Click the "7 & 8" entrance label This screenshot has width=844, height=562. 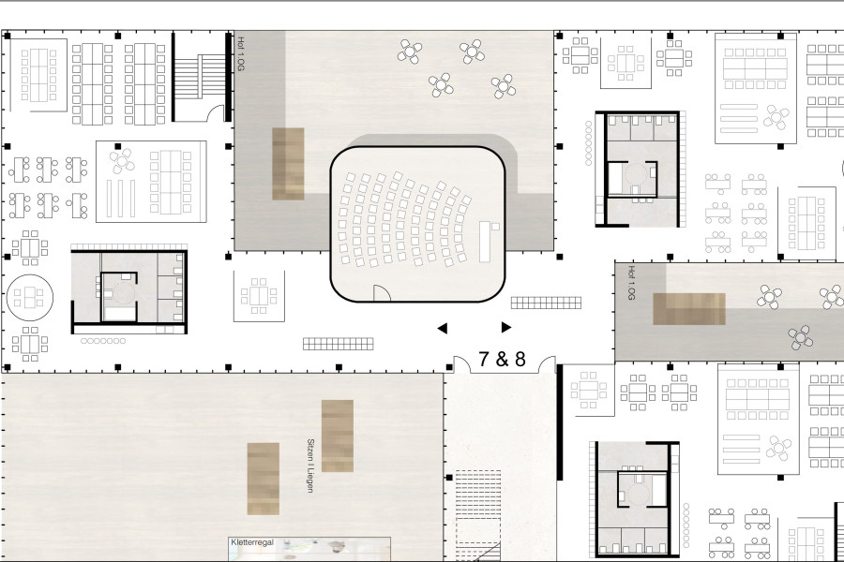(x=502, y=359)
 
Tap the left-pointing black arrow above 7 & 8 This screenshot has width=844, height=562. (x=443, y=328)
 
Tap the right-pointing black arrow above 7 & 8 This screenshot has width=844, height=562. (x=506, y=327)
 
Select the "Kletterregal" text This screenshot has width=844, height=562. (x=252, y=542)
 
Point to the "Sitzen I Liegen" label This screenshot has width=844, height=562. (x=310, y=466)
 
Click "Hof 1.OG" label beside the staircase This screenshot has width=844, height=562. (x=241, y=53)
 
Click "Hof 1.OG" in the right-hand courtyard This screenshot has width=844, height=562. (x=631, y=282)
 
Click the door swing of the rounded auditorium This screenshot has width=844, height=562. (x=383, y=292)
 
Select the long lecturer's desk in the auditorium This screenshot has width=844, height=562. (x=485, y=242)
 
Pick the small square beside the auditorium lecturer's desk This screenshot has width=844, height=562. (x=495, y=227)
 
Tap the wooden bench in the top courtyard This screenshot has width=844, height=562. (x=288, y=164)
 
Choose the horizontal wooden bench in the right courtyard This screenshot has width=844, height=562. (x=689, y=309)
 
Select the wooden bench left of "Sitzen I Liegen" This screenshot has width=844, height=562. (x=264, y=479)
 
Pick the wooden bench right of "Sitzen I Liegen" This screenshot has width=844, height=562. (x=338, y=436)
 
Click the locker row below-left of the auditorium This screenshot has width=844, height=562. (x=338, y=344)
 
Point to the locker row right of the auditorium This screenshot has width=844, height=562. (x=546, y=303)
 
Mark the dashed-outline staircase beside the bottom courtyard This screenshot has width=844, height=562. (x=478, y=515)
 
